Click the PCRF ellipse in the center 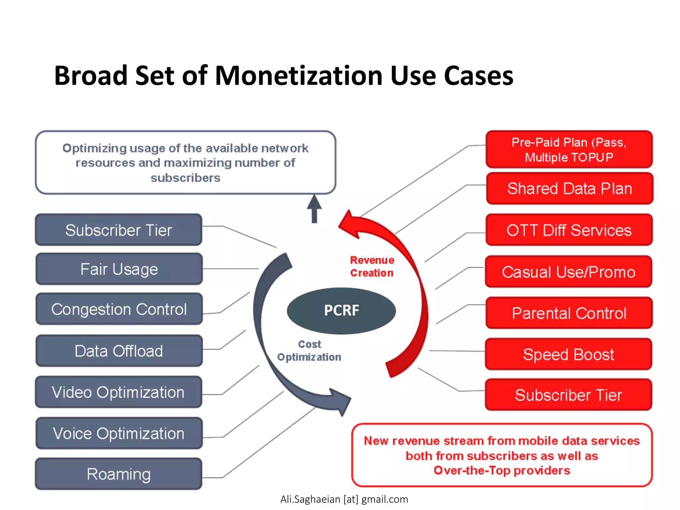(341, 311)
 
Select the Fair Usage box (119, 269)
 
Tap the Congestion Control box (119, 309)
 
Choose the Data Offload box (119, 351)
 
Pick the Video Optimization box (119, 392)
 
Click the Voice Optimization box (119, 433)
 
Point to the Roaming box (119, 474)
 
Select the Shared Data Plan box (569, 189)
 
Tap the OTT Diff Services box (569, 230)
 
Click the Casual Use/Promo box (568, 272)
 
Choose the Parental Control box (569, 313)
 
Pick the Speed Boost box (568, 354)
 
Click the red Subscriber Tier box (568, 395)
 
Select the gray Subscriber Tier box (119, 230)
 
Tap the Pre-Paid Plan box (569, 149)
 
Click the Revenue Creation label (372, 266)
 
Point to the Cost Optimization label (309, 351)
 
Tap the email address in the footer (344, 499)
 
